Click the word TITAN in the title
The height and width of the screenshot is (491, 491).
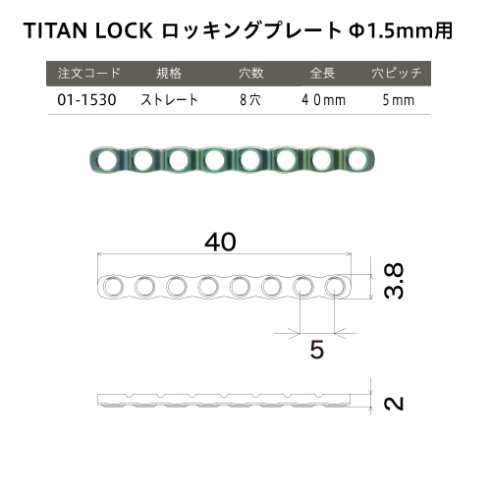pyautogui.click(x=55, y=30)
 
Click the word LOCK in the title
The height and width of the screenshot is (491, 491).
pyautogui.click(x=124, y=30)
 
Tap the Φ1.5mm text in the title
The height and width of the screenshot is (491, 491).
pyautogui.click(x=391, y=30)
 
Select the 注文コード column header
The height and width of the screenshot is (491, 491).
pyautogui.click(x=89, y=73)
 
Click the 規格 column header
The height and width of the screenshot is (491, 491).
pyautogui.click(x=169, y=73)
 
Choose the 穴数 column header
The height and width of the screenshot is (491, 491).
pyautogui.click(x=250, y=73)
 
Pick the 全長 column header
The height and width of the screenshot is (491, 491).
pyautogui.click(x=322, y=73)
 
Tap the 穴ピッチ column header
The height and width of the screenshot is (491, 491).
pyautogui.click(x=397, y=73)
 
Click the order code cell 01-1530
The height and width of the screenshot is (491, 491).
pyautogui.click(x=86, y=100)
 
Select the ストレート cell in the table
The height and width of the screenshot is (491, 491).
pyautogui.click(x=169, y=100)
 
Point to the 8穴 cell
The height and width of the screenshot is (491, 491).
pyautogui.click(x=250, y=100)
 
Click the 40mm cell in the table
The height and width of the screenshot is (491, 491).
pyautogui.click(x=323, y=100)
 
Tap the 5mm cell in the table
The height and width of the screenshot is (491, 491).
pyautogui.click(x=399, y=100)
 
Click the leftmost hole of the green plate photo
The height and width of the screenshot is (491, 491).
pyautogui.click(x=107, y=160)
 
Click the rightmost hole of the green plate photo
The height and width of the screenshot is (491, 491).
pyautogui.click(x=357, y=160)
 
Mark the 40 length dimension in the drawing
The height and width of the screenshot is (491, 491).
pyautogui.click(x=220, y=242)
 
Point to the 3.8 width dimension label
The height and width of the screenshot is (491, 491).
pyautogui.click(x=394, y=281)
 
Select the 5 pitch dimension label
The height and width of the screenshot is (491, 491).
pyautogui.click(x=317, y=350)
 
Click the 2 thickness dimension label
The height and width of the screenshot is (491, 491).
pyautogui.click(x=394, y=404)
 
